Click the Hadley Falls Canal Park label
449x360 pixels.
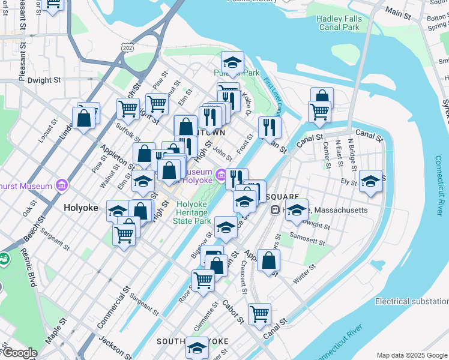click(x=338, y=23)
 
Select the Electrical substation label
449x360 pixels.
click(x=411, y=301)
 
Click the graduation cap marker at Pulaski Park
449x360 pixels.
click(x=232, y=62)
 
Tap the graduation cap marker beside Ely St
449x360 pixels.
click(x=371, y=181)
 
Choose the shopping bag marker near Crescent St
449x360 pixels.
click(x=269, y=260)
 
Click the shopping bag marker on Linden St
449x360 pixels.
click(x=84, y=118)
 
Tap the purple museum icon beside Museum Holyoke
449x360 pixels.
click(x=221, y=175)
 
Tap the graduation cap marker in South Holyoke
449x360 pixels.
click(x=197, y=347)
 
